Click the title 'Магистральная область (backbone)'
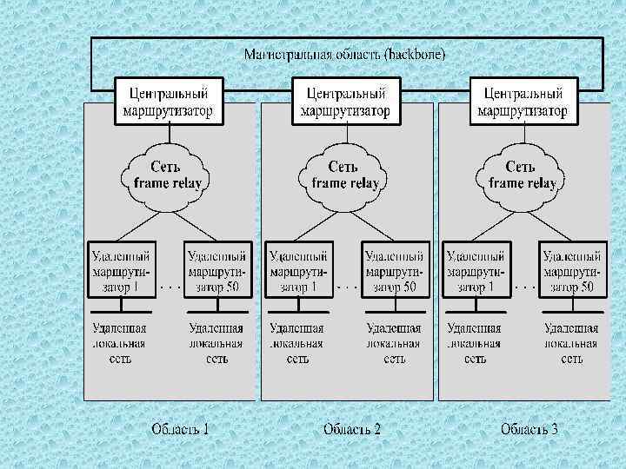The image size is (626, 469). (x=345, y=54)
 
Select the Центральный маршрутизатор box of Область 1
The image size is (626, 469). (x=170, y=101)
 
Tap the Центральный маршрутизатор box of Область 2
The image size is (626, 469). (x=345, y=101)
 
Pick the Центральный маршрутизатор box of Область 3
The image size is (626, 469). (x=523, y=101)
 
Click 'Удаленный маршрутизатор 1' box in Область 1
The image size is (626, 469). (x=122, y=269)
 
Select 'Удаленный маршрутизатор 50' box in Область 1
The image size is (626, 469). (x=217, y=269)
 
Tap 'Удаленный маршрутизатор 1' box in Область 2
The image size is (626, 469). (x=299, y=269)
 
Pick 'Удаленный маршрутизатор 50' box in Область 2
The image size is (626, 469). (x=395, y=269)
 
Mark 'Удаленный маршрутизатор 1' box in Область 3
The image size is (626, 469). (x=476, y=269)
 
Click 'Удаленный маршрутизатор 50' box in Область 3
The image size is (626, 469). (x=570, y=269)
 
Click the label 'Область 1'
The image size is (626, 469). (x=180, y=428)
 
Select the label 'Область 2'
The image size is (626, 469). (x=352, y=428)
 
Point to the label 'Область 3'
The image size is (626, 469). (x=529, y=428)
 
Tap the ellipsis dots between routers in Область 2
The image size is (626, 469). (x=347, y=285)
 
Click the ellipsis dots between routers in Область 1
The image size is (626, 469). (x=170, y=285)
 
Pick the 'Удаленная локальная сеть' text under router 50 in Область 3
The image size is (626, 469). (x=570, y=342)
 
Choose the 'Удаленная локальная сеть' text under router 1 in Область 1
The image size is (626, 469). (x=120, y=342)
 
